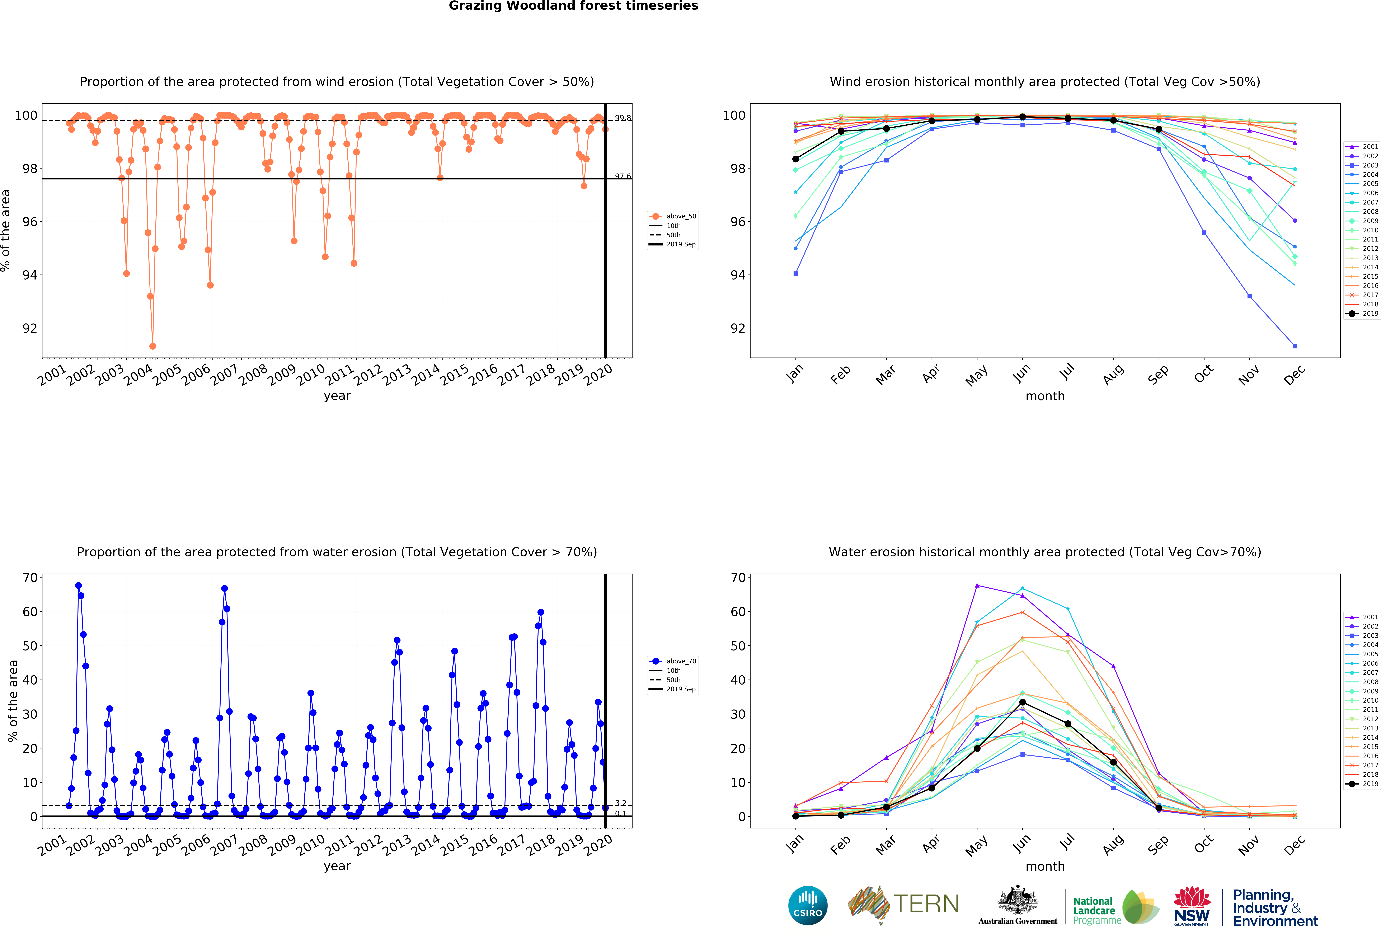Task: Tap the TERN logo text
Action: coord(926,904)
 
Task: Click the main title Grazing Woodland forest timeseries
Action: coord(573,6)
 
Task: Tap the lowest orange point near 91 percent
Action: coord(153,346)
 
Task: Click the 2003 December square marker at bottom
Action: coord(1295,346)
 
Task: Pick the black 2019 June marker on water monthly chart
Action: coord(1022,702)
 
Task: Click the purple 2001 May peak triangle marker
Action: coord(977,586)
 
